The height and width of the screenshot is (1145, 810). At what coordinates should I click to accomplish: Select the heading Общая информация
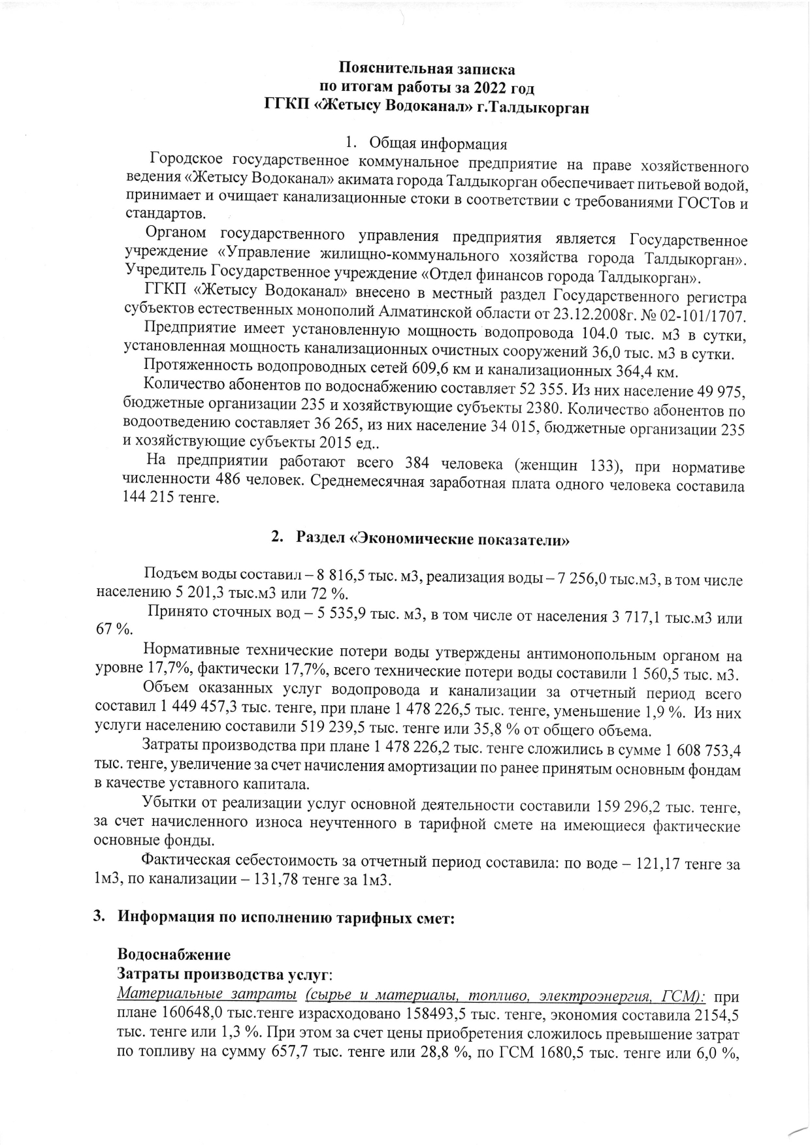click(x=438, y=144)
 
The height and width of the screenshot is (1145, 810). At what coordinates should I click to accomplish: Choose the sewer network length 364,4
click(x=637, y=372)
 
